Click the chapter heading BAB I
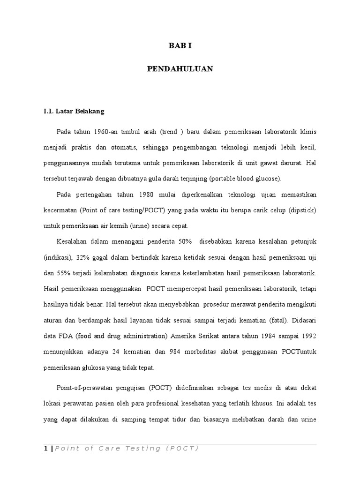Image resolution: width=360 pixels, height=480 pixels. coord(180,45)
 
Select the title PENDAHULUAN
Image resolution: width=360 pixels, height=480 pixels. coord(180,69)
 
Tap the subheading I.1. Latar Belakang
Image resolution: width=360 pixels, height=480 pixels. coord(74,112)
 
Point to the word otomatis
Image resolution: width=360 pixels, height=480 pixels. coord(124,148)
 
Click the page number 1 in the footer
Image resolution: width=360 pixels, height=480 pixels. coord(45,449)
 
